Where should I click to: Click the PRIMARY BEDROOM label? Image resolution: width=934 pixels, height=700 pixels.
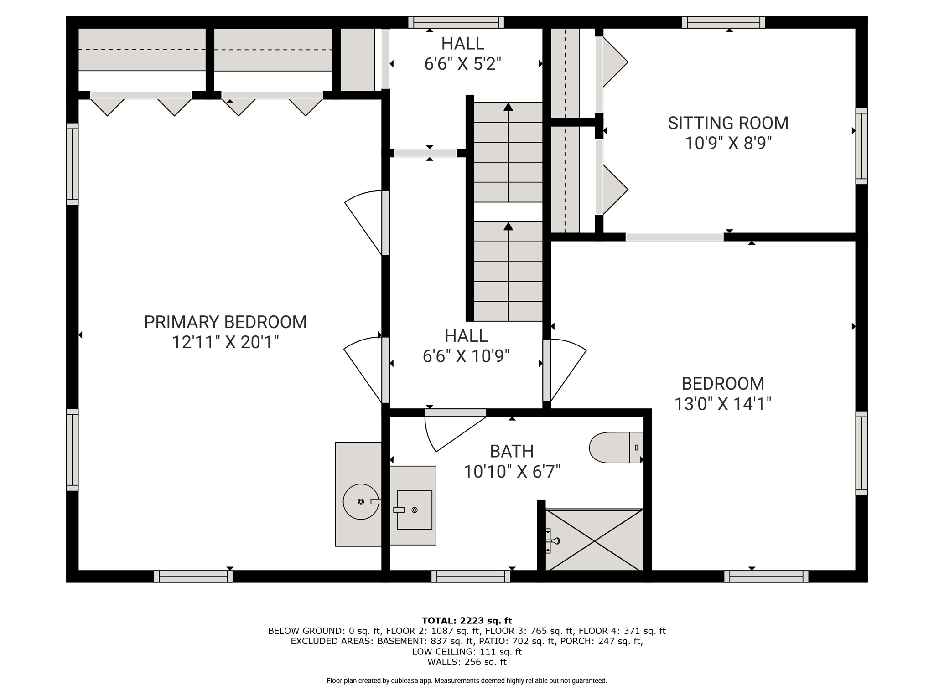point(225,322)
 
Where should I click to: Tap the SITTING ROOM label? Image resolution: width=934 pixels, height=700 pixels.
point(728,123)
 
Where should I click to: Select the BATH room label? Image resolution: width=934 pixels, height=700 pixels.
point(512,451)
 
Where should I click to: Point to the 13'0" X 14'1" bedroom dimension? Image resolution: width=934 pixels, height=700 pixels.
point(723,404)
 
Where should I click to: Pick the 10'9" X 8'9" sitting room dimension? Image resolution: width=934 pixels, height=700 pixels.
point(728,144)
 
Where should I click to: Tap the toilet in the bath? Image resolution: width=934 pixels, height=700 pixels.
point(616,448)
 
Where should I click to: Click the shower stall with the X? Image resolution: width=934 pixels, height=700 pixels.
point(594,540)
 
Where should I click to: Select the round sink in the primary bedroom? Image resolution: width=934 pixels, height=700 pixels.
point(361,502)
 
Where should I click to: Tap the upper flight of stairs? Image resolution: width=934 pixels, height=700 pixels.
point(508,152)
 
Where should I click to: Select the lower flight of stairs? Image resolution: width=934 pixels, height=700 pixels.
point(508,272)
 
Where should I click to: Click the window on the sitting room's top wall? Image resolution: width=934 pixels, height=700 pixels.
point(724,22)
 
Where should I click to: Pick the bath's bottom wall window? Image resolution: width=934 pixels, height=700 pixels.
point(471,576)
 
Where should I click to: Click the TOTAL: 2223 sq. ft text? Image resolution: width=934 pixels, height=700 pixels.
point(467,621)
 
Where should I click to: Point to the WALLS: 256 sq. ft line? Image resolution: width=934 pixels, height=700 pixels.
point(467,662)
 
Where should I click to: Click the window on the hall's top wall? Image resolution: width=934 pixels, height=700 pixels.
point(456,22)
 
